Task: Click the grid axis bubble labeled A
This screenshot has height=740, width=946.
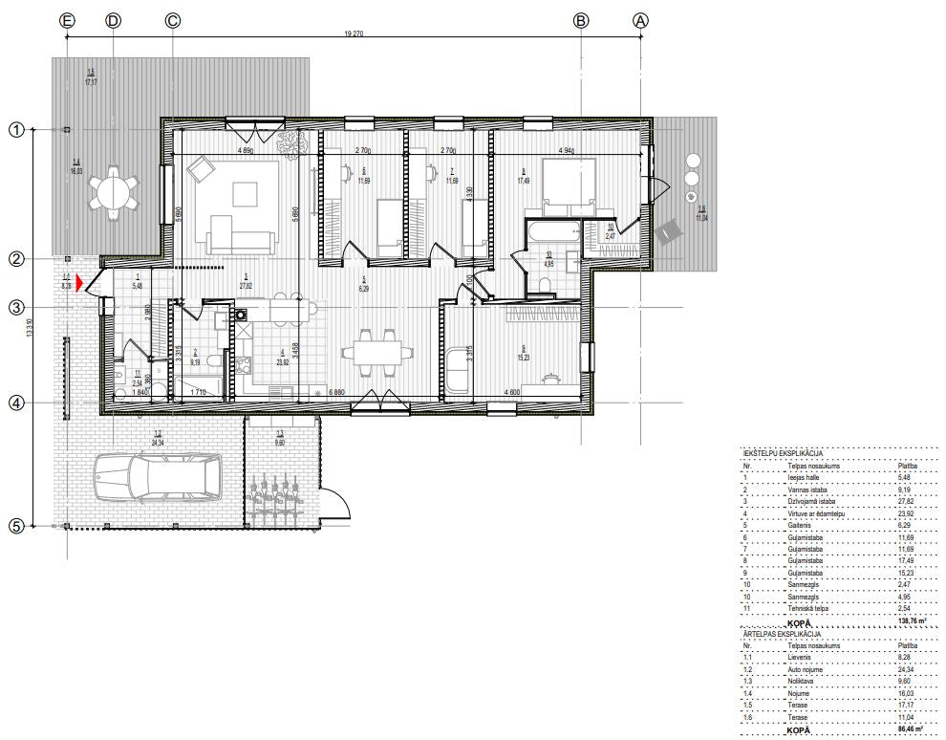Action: tap(641, 20)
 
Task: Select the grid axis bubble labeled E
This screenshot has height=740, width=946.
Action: tap(67, 20)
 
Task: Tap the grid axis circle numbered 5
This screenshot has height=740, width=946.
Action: tap(15, 525)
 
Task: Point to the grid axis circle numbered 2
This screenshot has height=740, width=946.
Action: tap(15, 258)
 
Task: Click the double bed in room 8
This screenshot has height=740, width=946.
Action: tap(568, 186)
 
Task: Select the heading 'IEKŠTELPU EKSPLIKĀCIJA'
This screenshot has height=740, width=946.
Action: tap(783, 454)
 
